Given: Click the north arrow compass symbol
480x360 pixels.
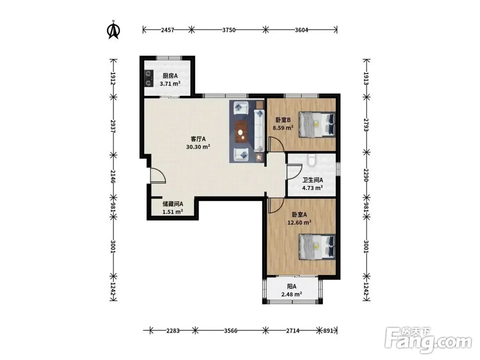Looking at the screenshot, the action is coord(113,30).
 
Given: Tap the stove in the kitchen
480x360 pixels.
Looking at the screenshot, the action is coord(149,78).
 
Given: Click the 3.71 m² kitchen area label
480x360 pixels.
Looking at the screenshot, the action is coord(170,84).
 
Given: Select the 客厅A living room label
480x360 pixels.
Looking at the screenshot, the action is coord(198,139).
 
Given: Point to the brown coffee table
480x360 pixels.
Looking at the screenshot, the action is coord(241,132).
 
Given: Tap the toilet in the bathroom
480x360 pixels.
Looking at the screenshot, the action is coord(312,159).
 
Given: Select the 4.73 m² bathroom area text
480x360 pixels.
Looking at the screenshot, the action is coord(312,188).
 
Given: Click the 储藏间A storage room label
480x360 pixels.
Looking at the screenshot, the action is coord(173,204).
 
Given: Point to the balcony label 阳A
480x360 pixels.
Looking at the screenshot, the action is coord(292,287).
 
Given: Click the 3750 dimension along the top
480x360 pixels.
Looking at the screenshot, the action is coord(228,30).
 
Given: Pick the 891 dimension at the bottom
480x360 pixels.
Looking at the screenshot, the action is coord(328,331).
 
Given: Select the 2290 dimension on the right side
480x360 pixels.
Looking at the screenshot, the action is coord(366,175).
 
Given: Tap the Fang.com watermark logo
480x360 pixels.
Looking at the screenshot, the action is coord(428,339).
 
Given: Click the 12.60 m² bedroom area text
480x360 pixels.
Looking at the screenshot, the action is coord(300,223).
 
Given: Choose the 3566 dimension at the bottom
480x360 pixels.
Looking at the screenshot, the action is coord(230,331).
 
